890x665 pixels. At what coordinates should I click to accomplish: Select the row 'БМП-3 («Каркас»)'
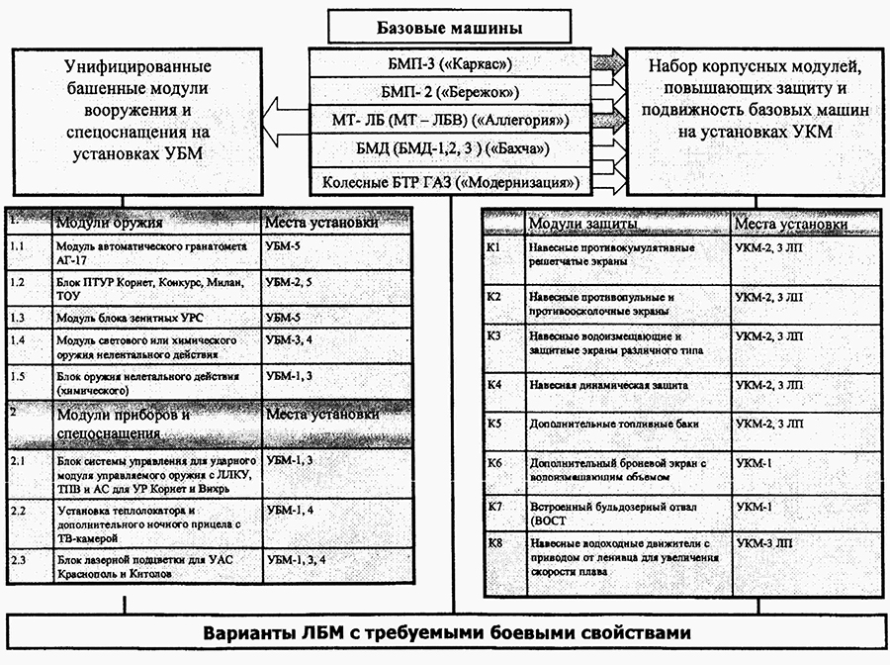pyautogui.click(x=450, y=65)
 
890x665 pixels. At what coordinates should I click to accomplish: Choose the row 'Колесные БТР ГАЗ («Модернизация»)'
pyautogui.click(x=450, y=183)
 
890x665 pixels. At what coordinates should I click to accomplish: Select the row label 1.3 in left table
pyautogui.click(x=18, y=318)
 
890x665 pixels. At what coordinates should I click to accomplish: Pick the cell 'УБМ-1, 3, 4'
pyautogui.click(x=298, y=560)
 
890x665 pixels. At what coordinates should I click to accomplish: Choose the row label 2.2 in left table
pyautogui.click(x=18, y=511)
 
